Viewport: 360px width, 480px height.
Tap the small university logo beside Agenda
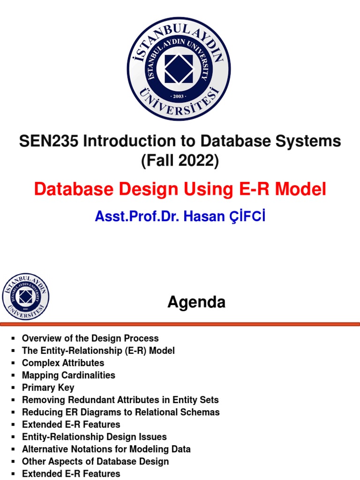(x=25, y=297)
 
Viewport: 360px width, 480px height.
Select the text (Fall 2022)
(x=180, y=161)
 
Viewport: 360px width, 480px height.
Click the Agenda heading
(x=196, y=302)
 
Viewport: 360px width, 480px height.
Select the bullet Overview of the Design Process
(x=90, y=338)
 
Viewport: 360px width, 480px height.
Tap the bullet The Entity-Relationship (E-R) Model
(x=98, y=351)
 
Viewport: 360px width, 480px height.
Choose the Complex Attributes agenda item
(x=63, y=363)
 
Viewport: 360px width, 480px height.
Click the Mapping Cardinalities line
(x=68, y=375)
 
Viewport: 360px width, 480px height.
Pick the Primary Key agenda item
(x=48, y=388)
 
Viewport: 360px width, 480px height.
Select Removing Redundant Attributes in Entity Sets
(x=120, y=400)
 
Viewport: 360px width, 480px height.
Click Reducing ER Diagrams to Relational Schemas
(x=120, y=412)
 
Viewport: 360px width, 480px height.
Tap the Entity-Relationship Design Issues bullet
(x=94, y=437)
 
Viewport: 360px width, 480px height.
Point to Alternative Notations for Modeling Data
(x=106, y=449)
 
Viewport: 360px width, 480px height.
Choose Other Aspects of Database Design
(x=95, y=461)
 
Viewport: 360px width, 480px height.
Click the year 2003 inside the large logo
(x=179, y=96)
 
